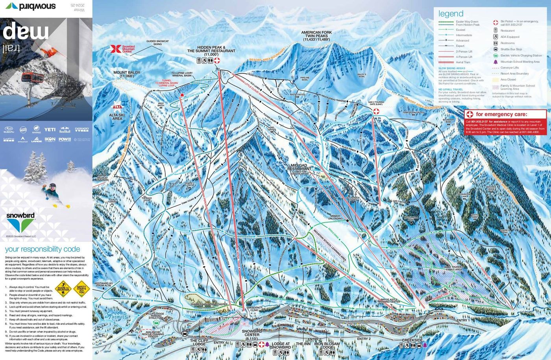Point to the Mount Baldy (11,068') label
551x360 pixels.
point(129,74)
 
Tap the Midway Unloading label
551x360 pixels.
point(335,217)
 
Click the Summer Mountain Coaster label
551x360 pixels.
point(209,304)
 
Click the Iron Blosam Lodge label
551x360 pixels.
point(327,345)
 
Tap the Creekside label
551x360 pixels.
point(412,340)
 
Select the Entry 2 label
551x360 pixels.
point(364,339)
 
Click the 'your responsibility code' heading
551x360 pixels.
point(42,249)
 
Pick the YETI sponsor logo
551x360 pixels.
point(50,129)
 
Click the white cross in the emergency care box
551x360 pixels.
point(470,114)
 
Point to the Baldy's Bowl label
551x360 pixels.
point(362,75)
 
